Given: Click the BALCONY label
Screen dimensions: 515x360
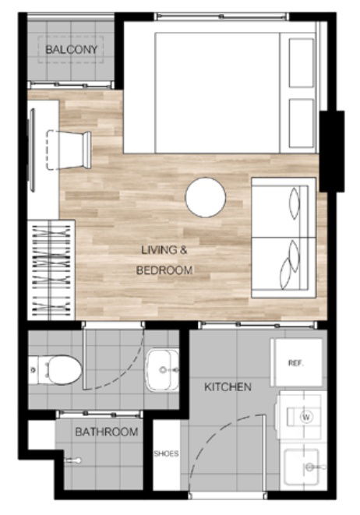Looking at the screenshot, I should coord(71,51).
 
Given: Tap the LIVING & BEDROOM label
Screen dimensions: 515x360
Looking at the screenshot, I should coord(164,260).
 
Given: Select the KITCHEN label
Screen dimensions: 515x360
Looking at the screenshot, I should coord(228,386).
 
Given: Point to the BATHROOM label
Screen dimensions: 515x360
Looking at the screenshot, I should coord(106,432).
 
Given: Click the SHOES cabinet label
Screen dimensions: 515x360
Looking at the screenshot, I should coord(166,453).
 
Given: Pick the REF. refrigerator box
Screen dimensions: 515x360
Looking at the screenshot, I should coord(296,362).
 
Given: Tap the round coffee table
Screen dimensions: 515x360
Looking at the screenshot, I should coord(205,197).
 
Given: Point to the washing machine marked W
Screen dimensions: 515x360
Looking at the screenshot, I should coord(305,416).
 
